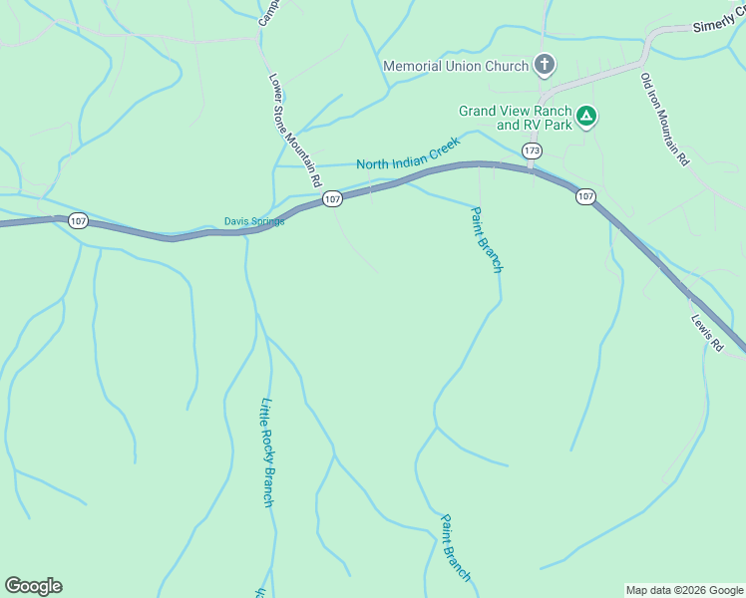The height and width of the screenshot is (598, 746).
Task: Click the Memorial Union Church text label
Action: click(456, 67)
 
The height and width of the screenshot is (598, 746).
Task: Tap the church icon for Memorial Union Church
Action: click(544, 66)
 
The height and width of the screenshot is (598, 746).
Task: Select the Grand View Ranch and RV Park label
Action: click(515, 118)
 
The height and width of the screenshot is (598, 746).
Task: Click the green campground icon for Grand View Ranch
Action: click(587, 118)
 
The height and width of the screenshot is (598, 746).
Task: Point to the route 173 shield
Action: click(532, 150)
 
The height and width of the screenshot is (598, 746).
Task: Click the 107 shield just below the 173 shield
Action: click(585, 197)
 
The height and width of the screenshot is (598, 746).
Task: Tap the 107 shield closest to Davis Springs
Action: click(332, 200)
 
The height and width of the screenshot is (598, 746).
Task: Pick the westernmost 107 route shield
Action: click(78, 219)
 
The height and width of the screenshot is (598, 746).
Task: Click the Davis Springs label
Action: click(253, 221)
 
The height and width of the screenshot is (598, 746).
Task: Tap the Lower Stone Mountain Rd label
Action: click(293, 131)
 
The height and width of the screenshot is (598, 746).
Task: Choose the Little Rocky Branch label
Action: click(266, 452)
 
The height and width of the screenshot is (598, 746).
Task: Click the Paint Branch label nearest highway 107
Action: click(487, 240)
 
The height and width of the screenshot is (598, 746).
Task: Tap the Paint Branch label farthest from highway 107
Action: click(455, 548)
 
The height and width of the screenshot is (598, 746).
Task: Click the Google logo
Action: click(33, 586)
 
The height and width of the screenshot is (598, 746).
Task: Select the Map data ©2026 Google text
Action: click(684, 590)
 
